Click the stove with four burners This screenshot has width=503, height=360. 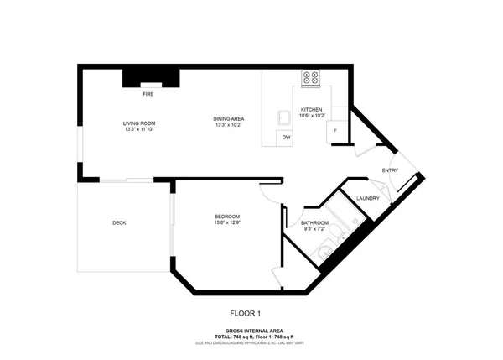click(x=311, y=77)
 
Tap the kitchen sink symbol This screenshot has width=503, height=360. click(x=285, y=116)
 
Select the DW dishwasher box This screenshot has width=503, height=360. click(x=286, y=137)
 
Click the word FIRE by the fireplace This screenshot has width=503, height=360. click(x=147, y=95)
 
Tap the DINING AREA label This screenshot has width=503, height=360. click(x=228, y=119)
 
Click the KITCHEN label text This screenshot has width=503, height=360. click(x=312, y=110)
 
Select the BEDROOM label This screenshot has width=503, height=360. click(x=227, y=217)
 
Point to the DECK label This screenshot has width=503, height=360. click(x=119, y=222)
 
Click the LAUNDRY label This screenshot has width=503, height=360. click(x=368, y=198)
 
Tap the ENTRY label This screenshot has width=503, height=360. click(x=391, y=171)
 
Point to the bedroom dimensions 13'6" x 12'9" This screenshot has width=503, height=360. click(x=227, y=224)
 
